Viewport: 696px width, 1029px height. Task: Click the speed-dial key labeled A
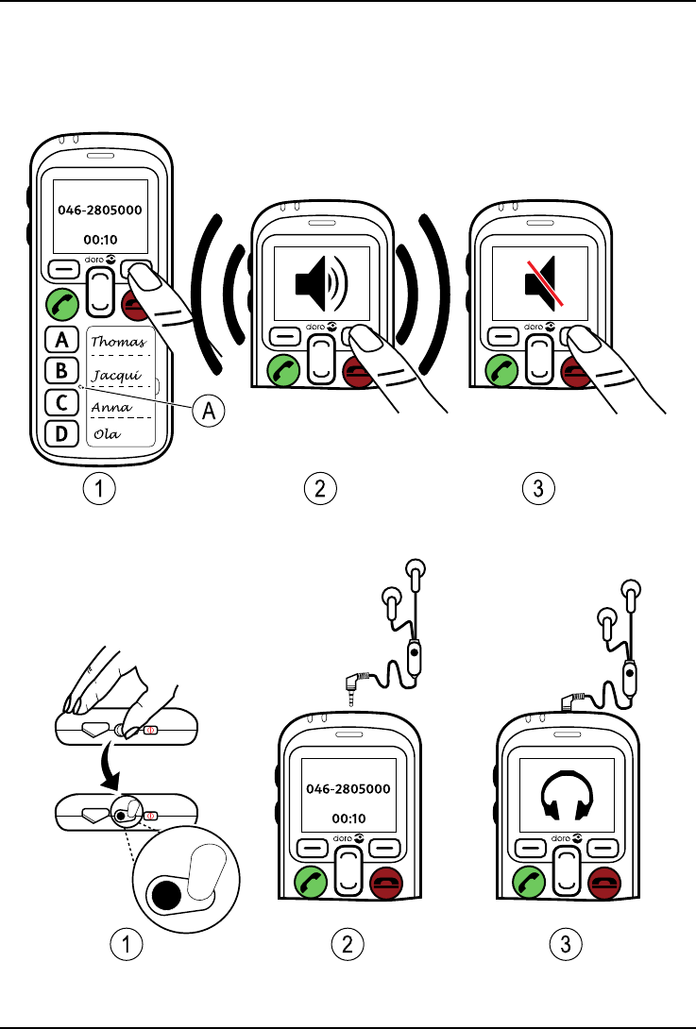point(62,339)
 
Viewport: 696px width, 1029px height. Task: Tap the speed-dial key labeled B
point(62,371)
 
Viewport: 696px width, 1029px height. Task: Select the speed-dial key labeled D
point(62,434)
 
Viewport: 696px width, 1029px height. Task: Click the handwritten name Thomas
point(118,342)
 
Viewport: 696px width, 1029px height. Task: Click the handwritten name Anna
point(111,407)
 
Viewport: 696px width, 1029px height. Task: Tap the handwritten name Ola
point(105,435)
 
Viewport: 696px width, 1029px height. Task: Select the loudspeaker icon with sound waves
point(320,279)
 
